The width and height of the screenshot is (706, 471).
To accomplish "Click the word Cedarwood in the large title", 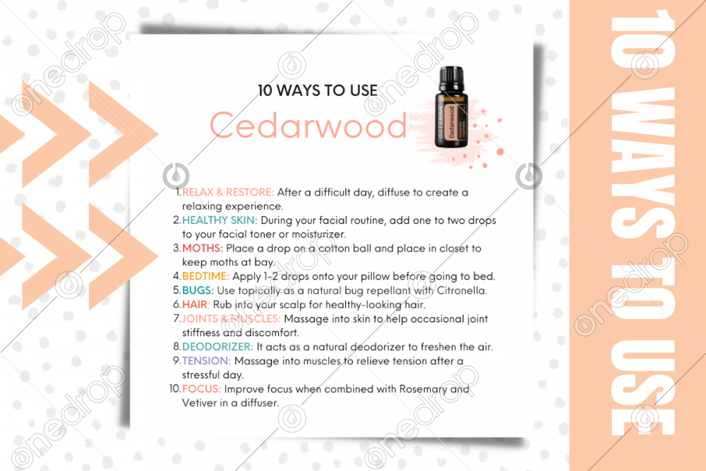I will (309, 126).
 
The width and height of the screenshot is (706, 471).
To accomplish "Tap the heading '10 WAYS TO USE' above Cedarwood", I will (317, 90).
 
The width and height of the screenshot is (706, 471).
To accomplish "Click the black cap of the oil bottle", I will (452, 76).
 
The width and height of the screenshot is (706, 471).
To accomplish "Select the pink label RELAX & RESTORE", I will (228, 192).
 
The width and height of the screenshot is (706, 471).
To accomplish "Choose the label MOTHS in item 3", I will (203, 248).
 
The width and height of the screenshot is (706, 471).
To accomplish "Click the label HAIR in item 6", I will (196, 304).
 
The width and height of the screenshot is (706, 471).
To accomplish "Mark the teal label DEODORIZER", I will (217, 346).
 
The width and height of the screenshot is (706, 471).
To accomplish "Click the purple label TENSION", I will (206, 361).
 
